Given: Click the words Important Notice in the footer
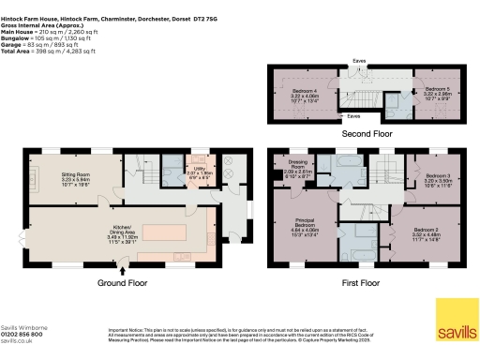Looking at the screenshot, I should coord(125,329).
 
